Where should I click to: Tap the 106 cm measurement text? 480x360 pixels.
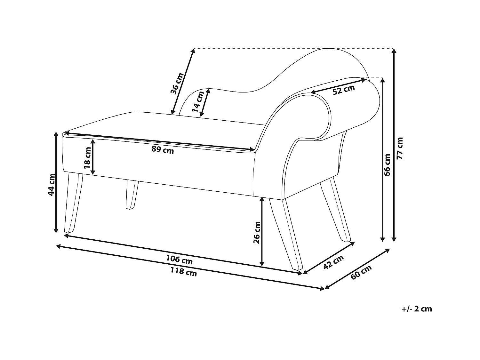(179, 260)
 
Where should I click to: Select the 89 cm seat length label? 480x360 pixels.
(163, 150)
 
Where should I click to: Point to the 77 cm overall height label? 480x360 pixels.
(400, 148)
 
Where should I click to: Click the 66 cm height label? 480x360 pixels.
(387, 165)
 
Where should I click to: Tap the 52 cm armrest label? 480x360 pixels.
(344, 89)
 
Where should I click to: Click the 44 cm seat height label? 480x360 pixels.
(51, 185)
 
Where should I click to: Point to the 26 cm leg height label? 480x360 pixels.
(257, 232)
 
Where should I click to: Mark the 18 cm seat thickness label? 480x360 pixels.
(87, 158)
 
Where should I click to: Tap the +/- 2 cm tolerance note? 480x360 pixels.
(417, 309)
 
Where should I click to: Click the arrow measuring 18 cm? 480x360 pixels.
(93, 157)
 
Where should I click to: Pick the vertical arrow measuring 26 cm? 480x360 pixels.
(262, 232)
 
